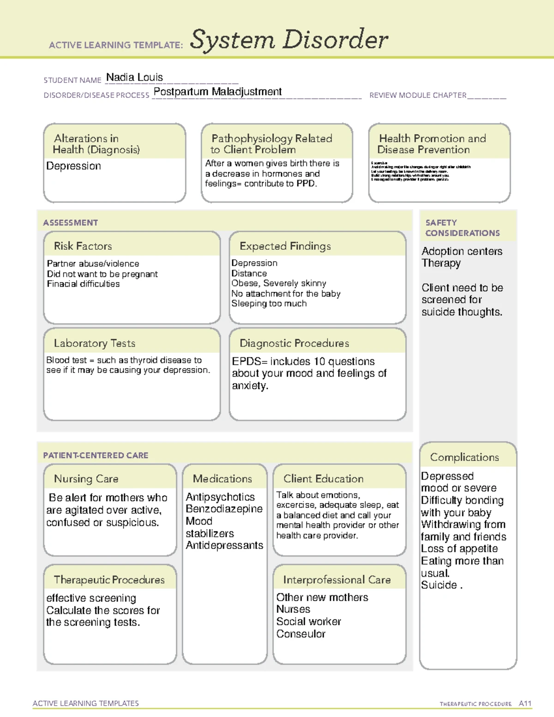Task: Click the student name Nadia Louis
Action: (x=134, y=78)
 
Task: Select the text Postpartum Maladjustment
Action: (x=217, y=92)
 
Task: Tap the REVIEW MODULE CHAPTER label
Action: (x=417, y=95)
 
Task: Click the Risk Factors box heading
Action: (x=83, y=246)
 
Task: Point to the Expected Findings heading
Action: (x=285, y=246)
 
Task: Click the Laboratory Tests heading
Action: (x=94, y=343)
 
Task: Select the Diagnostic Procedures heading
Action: (x=294, y=343)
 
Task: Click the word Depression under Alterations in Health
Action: (x=73, y=166)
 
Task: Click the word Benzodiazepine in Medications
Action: (x=224, y=509)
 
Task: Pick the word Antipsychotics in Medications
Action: (x=220, y=497)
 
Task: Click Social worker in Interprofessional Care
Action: (x=308, y=621)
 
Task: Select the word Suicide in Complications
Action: (x=439, y=585)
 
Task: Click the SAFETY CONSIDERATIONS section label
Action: (x=462, y=228)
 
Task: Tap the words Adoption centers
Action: (x=462, y=251)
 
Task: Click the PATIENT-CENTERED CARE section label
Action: (x=96, y=455)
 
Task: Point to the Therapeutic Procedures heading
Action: (x=109, y=579)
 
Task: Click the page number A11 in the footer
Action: (x=525, y=703)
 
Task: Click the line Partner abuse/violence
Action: (x=93, y=264)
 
